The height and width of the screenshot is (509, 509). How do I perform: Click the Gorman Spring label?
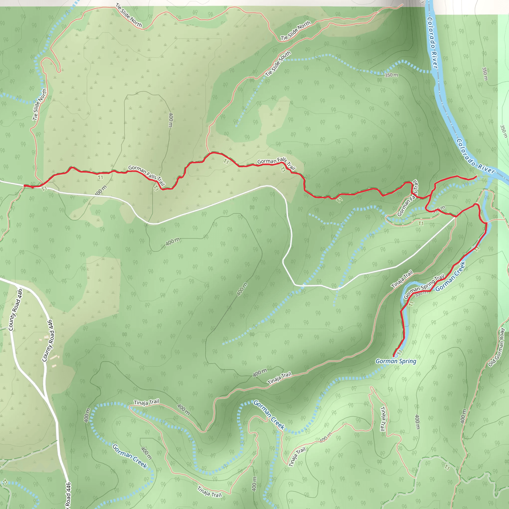point(396,361)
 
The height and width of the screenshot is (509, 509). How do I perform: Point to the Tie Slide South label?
point(278,64)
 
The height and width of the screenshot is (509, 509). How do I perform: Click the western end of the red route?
point(25,186)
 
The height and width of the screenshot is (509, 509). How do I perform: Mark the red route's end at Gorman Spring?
point(394,356)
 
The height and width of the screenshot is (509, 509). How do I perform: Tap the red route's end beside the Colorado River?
point(476,176)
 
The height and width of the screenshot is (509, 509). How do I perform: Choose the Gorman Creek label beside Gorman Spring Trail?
point(450,276)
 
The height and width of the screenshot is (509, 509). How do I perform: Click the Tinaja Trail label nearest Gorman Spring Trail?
point(402,280)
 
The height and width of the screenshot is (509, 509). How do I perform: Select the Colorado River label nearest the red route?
point(475,156)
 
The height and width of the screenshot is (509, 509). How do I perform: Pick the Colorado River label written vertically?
point(432,43)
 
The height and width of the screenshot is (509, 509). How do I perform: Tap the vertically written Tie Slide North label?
point(40,105)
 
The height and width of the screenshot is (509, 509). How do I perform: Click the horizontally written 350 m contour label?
point(391,75)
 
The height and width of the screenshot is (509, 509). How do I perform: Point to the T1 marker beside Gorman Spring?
point(400,352)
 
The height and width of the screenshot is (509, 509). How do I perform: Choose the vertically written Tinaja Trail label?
point(383,419)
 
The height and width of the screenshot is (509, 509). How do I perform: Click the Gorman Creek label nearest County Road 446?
point(130,456)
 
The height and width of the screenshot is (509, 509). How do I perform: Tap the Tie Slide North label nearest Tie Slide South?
point(296,31)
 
